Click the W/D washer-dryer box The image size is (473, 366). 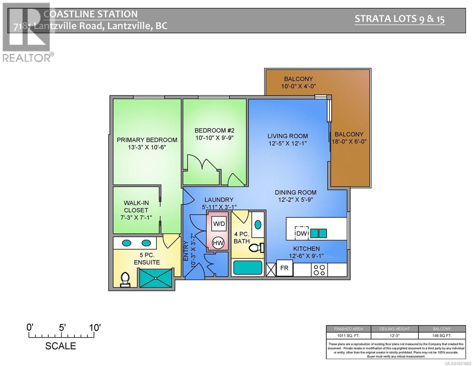click(x=219, y=224)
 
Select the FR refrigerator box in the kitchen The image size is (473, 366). click(x=284, y=268)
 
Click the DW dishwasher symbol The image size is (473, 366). click(x=301, y=234)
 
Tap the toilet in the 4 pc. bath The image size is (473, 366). click(x=256, y=248)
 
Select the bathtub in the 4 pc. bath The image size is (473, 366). click(x=247, y=268)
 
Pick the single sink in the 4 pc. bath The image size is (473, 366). click(x=258, y=225)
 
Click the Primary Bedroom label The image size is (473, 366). click(x=147, y=140)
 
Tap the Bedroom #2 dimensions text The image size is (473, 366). click(x=214, y=138)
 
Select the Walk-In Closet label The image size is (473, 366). click(x=136, y=206)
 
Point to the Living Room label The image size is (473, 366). click(x=288, y=136)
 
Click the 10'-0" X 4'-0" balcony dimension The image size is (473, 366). click(x=298, y=86)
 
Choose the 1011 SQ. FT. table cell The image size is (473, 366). click(x=348, y=335)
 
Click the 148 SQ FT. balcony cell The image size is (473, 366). click(x=442, y=335)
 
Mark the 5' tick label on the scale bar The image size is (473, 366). click(x=62, y=328)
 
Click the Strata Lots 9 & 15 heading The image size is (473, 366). click(x=399, y=19)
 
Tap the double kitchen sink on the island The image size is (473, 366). click(x=318, y=233)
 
